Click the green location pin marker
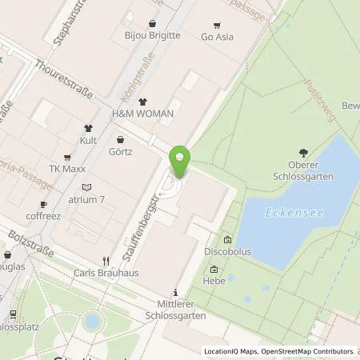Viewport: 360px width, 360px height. (181, 163)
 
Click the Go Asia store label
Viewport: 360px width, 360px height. (216, 37)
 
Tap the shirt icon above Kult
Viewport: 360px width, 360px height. (90, 127)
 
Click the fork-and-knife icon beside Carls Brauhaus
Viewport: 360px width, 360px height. (105, 261)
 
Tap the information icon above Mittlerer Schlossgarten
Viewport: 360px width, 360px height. (175, 293)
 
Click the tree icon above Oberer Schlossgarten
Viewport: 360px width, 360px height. (302, 152)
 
